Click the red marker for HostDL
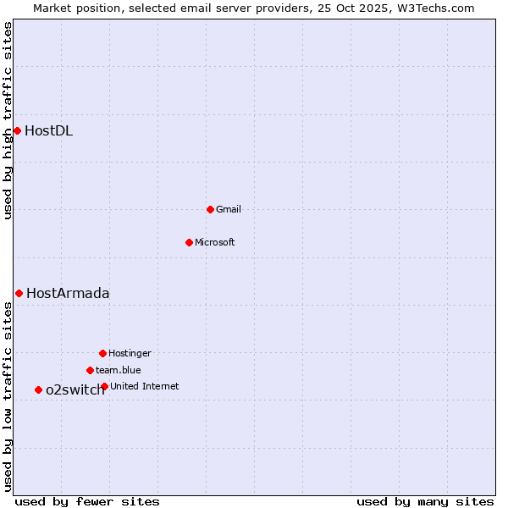pos(17,130)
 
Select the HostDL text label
pos(48,130)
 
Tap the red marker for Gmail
pos(210,209)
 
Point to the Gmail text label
pos(229,209)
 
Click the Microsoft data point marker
pos(189,242)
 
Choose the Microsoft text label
pos(215,242)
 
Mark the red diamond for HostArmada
pos(19,293)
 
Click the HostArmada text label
pos(68,293)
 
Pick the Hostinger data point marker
pos(102,353)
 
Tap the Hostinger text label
pos(130,353)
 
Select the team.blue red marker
pos(90,370)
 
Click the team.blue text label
pos(119,370)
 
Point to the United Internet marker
pos(104,386)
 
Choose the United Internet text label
pos(145,386)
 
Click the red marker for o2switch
pos(38,389)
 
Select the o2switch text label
pos(75,389)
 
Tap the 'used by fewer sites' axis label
pos(87,501)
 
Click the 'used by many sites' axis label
pos(425,501)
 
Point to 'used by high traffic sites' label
pos(8,120)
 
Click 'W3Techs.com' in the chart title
pos(439,8)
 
